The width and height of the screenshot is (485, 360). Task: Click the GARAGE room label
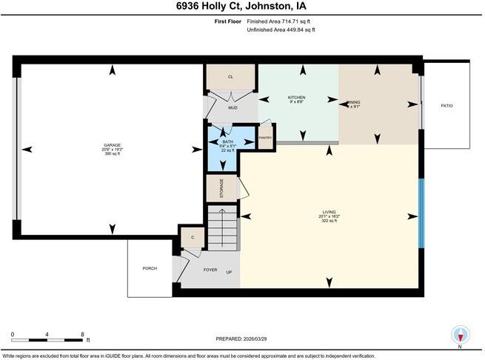(113, 145)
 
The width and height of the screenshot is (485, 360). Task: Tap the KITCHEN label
(296, 98)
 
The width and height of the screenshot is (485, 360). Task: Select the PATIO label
(446, 106)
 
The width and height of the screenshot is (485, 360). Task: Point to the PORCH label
(150, 268)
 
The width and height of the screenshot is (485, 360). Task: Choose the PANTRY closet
(265, 137)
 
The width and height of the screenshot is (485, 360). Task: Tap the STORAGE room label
(221, 190)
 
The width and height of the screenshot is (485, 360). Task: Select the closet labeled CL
(230, 77)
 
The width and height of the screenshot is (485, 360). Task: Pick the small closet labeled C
(192, 237)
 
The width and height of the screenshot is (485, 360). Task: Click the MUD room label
(233, 108)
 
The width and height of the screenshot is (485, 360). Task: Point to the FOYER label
(210, 270)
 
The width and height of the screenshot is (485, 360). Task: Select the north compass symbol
(461, 334)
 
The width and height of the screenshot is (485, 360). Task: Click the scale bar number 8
(82, 334)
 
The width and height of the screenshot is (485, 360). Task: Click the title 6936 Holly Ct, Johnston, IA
(242, 7)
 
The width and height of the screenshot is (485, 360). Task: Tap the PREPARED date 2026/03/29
(242, 339)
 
